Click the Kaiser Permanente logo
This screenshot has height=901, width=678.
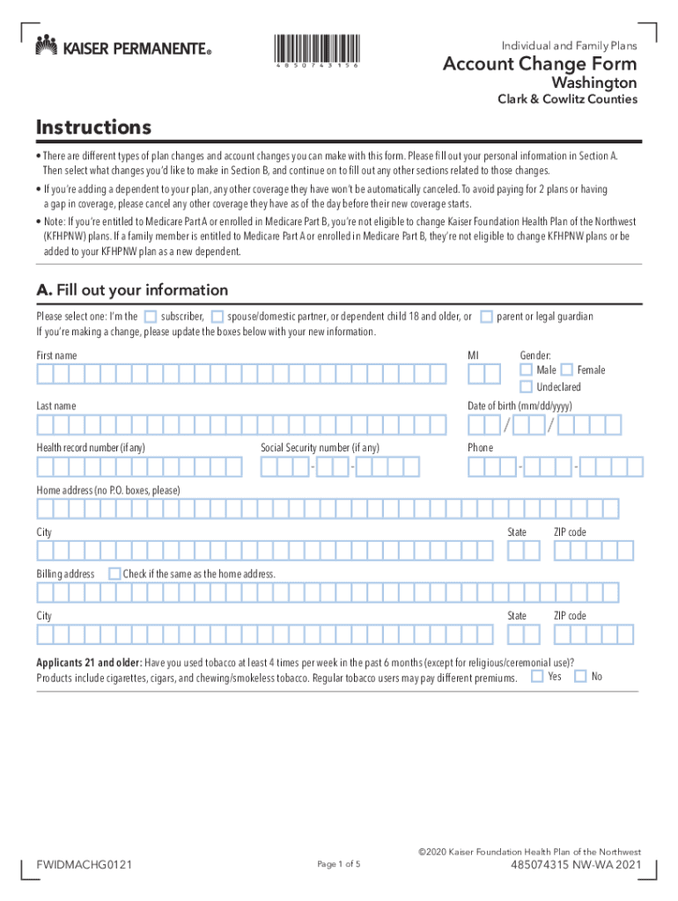point(123,47)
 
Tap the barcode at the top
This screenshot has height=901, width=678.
point(315,48)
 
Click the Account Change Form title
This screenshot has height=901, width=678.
point(540,64)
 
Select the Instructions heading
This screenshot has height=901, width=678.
point(93,128)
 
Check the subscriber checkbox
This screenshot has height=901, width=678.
point(151,316)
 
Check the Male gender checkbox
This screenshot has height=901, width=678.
point(526,370)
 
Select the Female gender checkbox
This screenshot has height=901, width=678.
point(567,370)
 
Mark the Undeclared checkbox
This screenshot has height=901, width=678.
point(526,386)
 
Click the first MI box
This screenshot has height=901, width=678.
point(475,375)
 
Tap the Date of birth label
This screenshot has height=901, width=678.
point(520,406)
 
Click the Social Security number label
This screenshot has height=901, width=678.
point(320,448)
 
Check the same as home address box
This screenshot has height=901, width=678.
point(114,574)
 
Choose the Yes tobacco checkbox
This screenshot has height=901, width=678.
point(537,677)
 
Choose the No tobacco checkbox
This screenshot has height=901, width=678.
point(580,677)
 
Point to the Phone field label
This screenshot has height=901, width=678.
point(480,448)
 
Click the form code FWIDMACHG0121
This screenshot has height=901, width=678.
point(85,867)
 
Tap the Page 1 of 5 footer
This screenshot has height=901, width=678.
point(338,865)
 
